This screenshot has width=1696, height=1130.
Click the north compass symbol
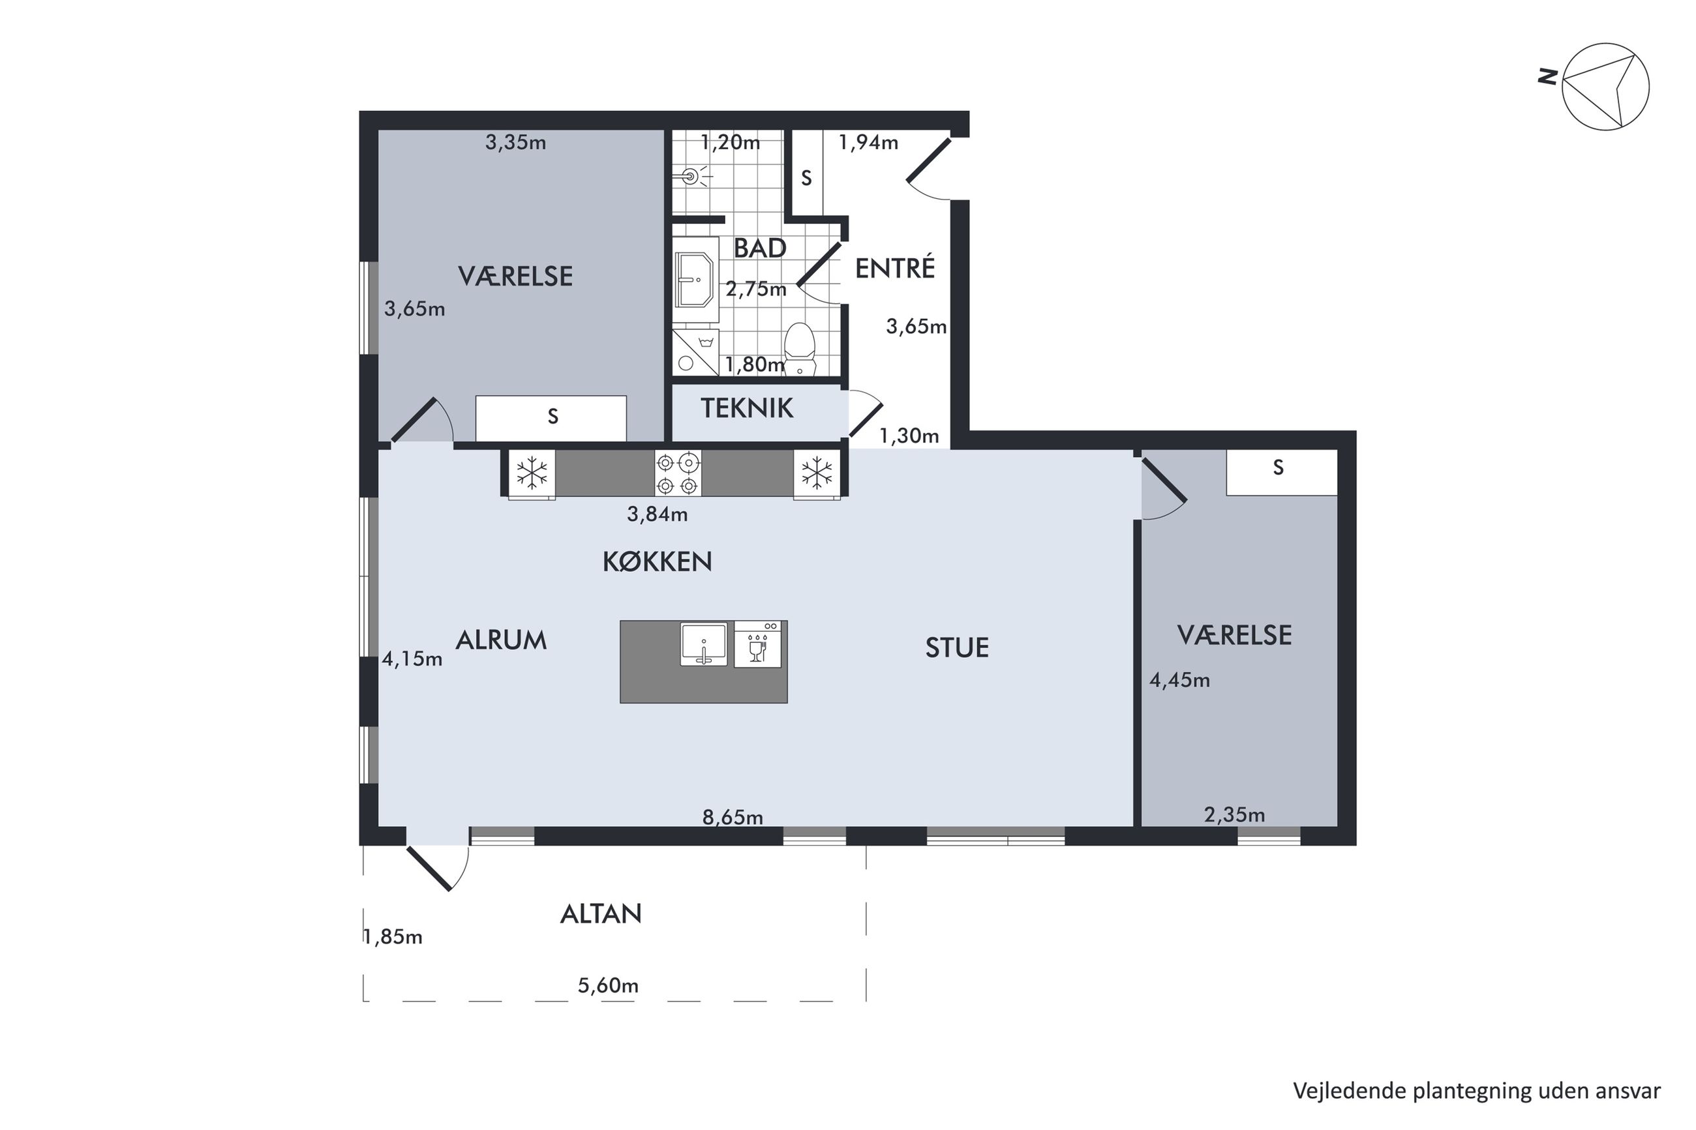[1605, 87]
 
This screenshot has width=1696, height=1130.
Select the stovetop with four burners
[678, 473]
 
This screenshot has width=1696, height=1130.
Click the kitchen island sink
[703, 644]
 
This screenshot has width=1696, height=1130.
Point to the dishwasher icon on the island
[757, 644]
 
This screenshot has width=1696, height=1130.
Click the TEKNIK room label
[747, 409]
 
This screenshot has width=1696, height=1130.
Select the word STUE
[956, 648]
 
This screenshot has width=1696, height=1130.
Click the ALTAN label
[600, 914]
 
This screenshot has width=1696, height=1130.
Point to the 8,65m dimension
[733, 816]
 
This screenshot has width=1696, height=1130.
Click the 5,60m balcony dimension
[607, 985]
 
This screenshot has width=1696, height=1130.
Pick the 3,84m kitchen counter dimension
[657, 514]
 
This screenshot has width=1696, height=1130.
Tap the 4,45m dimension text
[1179, 679]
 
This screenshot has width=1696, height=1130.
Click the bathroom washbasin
[695, 280]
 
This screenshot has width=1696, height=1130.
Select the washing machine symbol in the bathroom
[695, 352]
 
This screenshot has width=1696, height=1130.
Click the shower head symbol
[693, 175]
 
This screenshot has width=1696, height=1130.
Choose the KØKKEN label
[657, 561]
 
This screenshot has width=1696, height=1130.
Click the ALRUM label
[501, 640]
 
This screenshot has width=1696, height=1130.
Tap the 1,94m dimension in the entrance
[868, 143]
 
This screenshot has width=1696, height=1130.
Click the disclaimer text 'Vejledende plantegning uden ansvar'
[1477, 1090]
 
